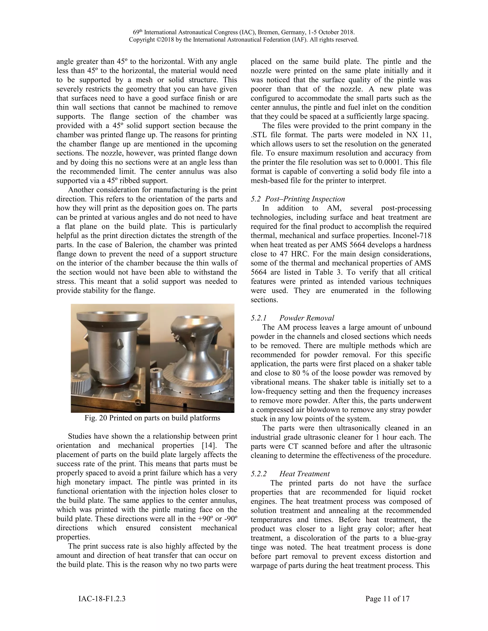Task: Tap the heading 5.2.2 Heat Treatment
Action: (290, 474)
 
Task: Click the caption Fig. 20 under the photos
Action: (152, 418)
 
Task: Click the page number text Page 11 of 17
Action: (387, 599)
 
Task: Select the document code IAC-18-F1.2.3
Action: (102, 599)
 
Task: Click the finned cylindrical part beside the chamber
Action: (81, 381)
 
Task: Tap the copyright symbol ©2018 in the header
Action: (164, 40)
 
